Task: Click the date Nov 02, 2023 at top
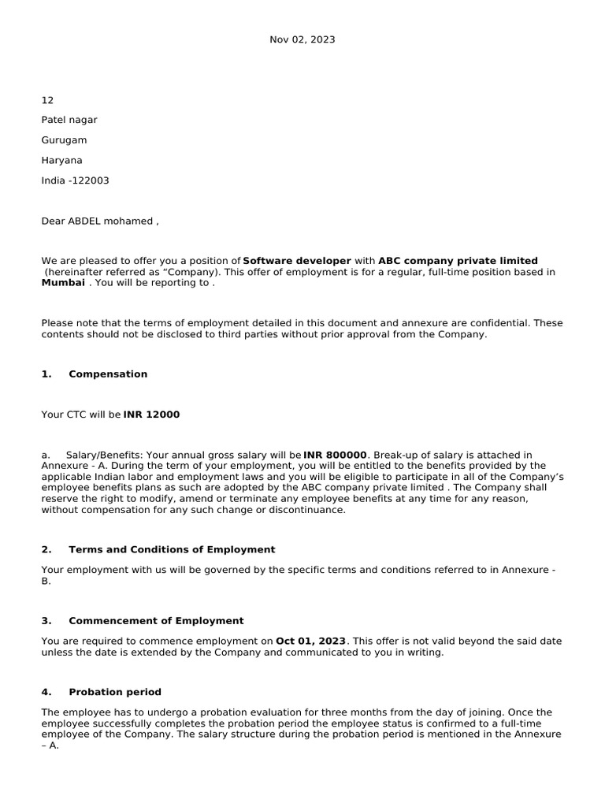[302, 39]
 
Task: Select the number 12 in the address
[47, 100]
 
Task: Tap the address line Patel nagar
[69, 120]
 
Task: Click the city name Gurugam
[64, 140]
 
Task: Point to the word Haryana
[61, 160]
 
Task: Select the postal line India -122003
[75, 180]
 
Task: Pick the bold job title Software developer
[297, 261]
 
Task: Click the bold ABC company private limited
[458, 261]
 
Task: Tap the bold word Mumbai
[63, 283]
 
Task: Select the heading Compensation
[108, 374]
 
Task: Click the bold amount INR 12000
[151, 415]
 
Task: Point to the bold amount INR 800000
[335, 455]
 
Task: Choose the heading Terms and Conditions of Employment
[172, 549]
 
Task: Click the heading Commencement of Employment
[156, 621]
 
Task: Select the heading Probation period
[115, 692]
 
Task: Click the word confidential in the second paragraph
[497, 323]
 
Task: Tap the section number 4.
[46, 692]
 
